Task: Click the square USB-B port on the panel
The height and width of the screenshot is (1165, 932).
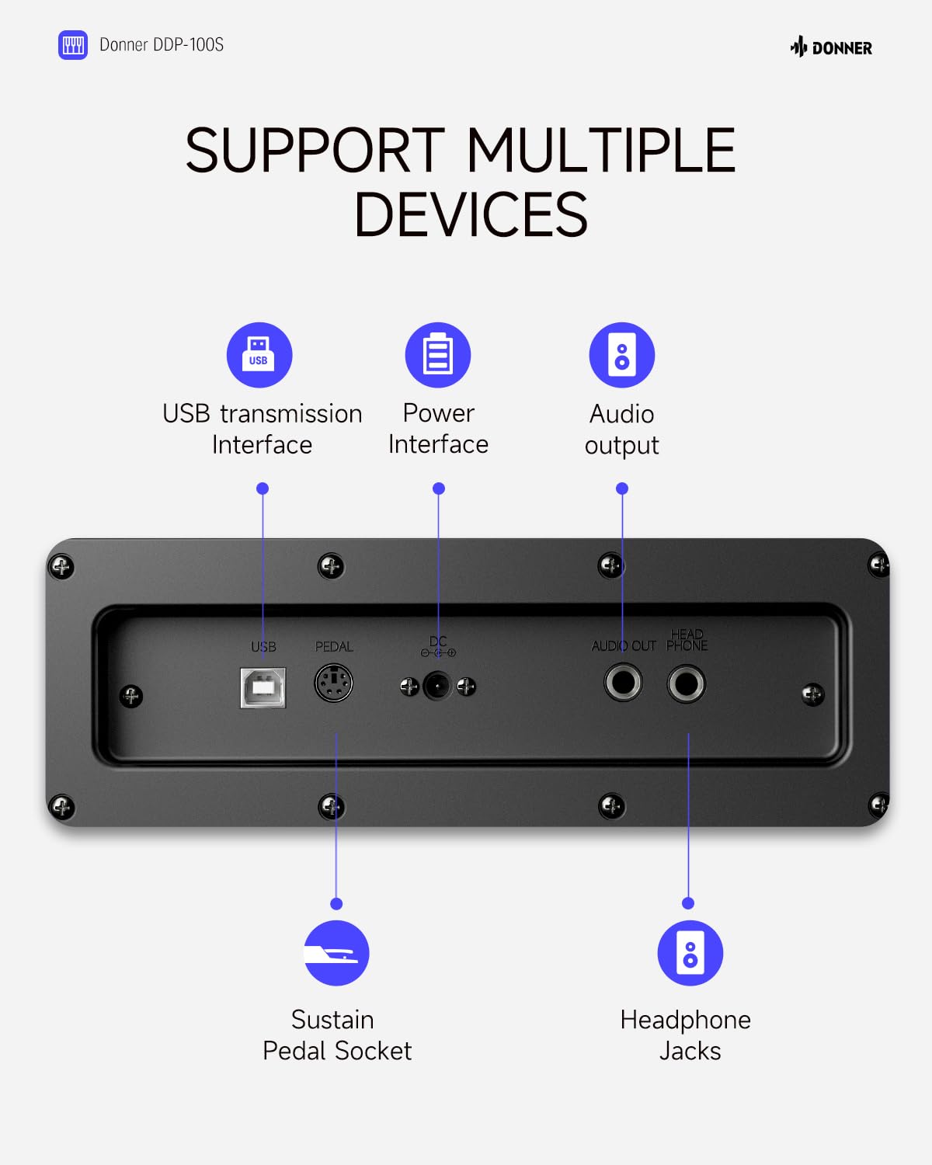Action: click(x=263, y=687)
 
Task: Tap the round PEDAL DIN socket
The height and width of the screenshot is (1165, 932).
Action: click(x=334, y=683)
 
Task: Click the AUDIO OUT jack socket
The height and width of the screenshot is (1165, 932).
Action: click(x=623, y=683)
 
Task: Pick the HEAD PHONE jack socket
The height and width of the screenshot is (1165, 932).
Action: click(x=686, y=683)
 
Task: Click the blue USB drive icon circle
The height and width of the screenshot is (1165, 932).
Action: click(x=259, y=355)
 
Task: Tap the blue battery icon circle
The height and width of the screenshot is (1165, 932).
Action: click(x=438, y=355)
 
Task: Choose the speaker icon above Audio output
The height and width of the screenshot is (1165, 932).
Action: click(x=622, y=355)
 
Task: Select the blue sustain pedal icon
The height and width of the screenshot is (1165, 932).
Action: click(x=336, y=953)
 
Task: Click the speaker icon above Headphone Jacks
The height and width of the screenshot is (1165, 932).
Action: click(x=690, y=953)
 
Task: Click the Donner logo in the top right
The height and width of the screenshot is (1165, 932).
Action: click(x=831, y=47)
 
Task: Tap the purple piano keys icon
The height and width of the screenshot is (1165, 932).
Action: click(x=73, y=45)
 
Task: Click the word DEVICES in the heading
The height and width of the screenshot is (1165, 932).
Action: click(x=471, y=215)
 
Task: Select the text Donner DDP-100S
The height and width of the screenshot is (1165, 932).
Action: click(x=162, y=45)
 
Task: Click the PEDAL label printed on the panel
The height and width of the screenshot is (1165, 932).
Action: click(x=334, y=646)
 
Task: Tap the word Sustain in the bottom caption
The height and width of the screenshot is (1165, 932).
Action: click(x=332, y=1020)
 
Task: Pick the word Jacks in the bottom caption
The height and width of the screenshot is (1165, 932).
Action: click(x=690, y=1052)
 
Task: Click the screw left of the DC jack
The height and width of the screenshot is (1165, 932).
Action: click(x=409, y=687)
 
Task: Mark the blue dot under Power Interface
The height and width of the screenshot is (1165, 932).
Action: click(x=439, y=489)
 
